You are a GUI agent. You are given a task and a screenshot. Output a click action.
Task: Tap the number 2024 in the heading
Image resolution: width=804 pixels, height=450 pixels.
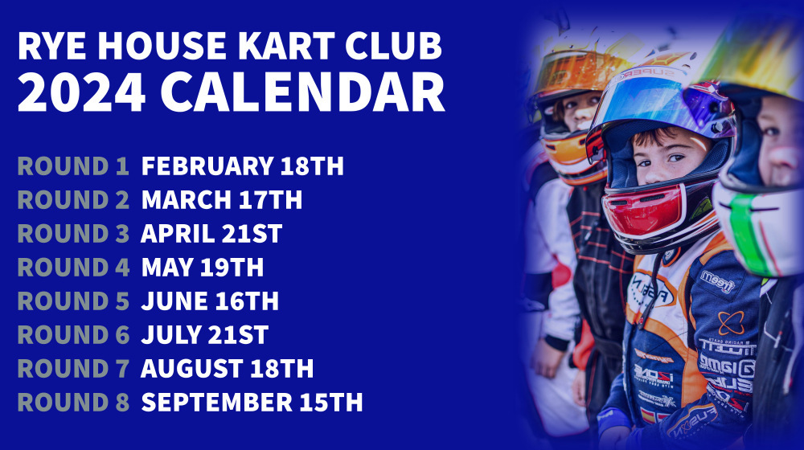81,92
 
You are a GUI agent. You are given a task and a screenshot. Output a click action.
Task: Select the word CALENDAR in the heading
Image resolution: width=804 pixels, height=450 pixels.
302,92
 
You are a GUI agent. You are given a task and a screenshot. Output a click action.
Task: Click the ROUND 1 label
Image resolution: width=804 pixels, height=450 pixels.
73,166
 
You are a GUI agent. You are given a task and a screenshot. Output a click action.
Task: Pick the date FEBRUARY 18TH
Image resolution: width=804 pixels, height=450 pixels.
243,166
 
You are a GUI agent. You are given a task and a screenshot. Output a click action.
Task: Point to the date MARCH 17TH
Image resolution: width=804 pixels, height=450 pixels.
222,200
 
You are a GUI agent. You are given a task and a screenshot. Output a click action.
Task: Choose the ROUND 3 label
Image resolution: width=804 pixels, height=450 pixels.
73,234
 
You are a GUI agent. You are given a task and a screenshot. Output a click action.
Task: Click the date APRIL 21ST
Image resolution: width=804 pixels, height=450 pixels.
211,234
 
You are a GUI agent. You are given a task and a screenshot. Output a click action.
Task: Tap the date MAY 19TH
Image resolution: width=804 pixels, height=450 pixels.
203,268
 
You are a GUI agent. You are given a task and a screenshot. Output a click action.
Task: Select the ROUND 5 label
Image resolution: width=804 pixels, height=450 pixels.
73,301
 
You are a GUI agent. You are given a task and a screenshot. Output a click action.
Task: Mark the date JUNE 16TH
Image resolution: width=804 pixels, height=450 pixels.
210,301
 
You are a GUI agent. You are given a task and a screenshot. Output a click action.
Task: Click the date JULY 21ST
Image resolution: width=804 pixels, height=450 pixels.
204,334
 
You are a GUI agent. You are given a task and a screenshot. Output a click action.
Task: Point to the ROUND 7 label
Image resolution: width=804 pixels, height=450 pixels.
73,369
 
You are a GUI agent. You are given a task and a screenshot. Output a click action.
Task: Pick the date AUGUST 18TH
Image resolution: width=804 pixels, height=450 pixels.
228,369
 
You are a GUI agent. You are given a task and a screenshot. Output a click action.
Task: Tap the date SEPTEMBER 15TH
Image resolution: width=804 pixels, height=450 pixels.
252,403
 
